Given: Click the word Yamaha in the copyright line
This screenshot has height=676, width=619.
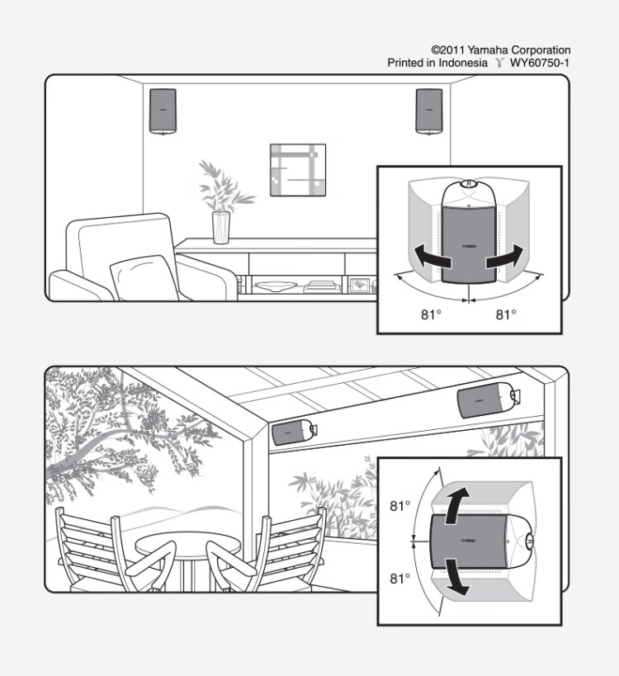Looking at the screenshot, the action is tap(488, 50).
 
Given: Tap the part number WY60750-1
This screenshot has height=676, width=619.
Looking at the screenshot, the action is tap(540, 63).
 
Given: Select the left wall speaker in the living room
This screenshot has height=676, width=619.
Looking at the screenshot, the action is tap(163, 111).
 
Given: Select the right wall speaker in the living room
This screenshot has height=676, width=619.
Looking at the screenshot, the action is tap(429, 111).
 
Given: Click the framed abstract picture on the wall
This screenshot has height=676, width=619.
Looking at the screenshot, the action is tap(298, 170).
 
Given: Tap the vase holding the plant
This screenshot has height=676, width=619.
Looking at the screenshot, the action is tap(221, 227).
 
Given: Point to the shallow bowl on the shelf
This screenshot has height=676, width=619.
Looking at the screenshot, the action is tap(275, 286).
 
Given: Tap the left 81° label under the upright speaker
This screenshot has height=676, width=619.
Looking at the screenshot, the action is tap(431, 315).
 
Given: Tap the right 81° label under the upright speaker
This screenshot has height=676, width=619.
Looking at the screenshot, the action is tap(506, 315).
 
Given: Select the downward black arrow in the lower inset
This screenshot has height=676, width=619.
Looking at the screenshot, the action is tap(456, 578).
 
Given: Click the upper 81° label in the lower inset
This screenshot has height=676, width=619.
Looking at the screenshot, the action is tap(400, 506).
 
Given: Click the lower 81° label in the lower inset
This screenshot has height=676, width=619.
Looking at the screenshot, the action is tap(400, 579).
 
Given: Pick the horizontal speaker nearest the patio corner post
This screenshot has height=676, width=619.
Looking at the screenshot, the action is tap(294, 432).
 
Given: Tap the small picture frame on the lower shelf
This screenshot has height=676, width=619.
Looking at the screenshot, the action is tap(359, 286).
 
